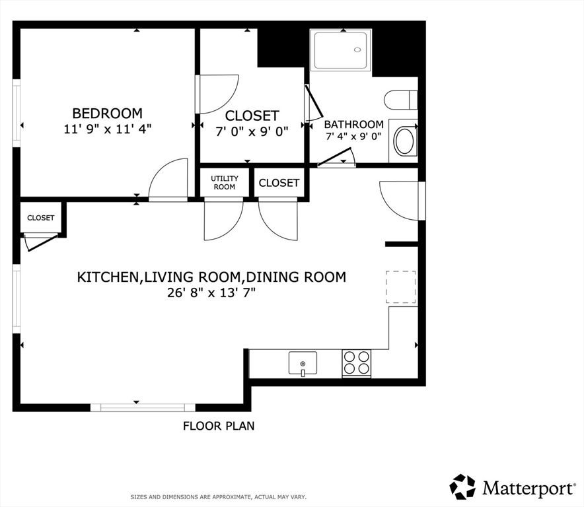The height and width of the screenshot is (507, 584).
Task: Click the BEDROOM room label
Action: click(x=107, y=113)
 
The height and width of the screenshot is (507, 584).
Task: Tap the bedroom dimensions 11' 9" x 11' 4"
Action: click(x=107, y=129)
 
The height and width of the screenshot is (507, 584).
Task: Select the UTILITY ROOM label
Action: click(x=225, y=183)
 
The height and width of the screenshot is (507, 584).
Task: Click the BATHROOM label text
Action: click(x=353, y=124)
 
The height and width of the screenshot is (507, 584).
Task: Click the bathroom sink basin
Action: click(x=404, y=141)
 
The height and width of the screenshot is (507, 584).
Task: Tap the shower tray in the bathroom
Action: click(x=342, y=50)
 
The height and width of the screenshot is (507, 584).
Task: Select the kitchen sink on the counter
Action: click(x=303, y=363)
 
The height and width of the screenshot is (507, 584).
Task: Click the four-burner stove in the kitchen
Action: click(x=356, y=363)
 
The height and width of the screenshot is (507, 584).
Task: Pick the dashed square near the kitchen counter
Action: click(x=400, y=287)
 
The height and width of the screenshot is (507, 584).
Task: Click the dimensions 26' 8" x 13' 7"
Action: click(x=211, y=293)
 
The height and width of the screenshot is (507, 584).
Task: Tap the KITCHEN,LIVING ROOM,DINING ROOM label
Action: click(x=211, y=277)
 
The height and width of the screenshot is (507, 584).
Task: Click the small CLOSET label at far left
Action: click(x=41, y=218)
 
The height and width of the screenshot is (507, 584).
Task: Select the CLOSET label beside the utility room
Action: click(x=279, y=183)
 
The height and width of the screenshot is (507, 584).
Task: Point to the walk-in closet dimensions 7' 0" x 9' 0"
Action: click(x=252, y=131)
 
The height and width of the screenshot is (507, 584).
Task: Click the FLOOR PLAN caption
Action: click(x=219, y=426)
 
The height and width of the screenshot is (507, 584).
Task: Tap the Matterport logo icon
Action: click(x=462, y=487)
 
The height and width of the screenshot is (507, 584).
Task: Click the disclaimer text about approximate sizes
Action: click(x=218, y=496)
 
